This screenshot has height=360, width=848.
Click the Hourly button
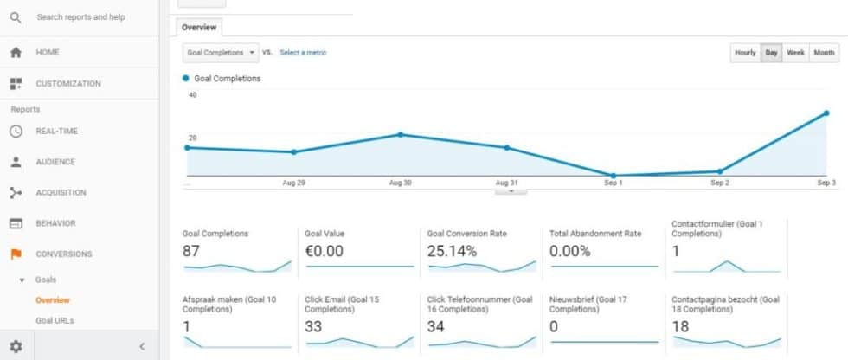745,53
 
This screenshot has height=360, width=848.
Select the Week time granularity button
795,53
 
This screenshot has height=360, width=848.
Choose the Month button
824,53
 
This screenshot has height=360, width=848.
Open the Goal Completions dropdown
222,53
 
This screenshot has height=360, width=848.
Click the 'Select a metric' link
303,53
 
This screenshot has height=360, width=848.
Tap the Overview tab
199,27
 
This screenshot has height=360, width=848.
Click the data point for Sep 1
613,176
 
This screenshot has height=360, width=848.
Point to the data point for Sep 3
826,113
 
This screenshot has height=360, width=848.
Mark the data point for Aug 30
400,134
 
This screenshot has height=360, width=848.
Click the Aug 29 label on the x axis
293,183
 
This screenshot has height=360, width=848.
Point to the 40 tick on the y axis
192,95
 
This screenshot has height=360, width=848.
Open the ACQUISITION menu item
61,193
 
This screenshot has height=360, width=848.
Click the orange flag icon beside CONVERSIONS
16,254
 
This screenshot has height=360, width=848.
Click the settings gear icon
16,346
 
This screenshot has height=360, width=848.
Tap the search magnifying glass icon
16,16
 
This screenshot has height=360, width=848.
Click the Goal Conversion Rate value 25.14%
452,251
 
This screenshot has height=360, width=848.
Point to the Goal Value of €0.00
324,251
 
